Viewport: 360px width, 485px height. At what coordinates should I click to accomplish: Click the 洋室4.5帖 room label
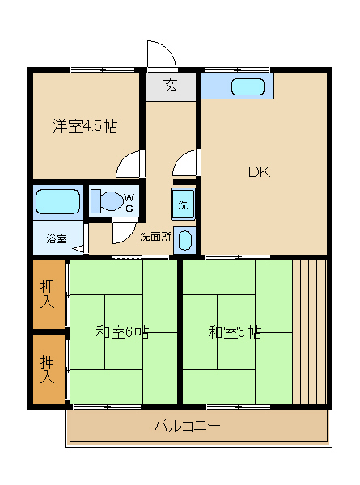click(x=85, y=125)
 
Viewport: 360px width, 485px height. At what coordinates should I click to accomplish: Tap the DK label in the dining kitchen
click(x=260, y=172)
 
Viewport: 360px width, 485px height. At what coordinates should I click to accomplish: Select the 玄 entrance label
click(x=170, y=86)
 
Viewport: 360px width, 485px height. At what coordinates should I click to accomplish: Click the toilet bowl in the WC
click(x=107, y=201)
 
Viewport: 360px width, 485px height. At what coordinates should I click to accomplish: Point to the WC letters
click(x=129, y=203)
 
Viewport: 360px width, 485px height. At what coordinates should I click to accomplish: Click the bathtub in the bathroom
click(x=58, y=201)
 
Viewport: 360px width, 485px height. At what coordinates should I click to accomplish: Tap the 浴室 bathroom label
click(x=57, y=239)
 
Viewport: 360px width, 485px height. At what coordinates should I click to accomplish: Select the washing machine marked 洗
click(x=183, y=204)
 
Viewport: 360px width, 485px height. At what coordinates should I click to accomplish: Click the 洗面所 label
click(x=155, y=237)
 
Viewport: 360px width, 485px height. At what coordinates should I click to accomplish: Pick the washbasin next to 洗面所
click(x=185, y=240)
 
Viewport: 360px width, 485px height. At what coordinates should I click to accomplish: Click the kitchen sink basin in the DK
click(x=248, y=86)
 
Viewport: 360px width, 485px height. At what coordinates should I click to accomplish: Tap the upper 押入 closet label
click(x=48, y=293)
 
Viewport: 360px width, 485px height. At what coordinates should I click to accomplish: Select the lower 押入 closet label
click(x=48, y=369)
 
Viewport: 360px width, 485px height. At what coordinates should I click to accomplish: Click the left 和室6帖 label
click(x=122, y=332)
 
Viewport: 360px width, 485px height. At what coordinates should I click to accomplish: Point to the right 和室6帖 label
click(x=235, y=332)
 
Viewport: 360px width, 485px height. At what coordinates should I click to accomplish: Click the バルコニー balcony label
click(x=187, y=426)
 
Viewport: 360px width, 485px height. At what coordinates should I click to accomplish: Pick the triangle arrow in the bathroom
click(x=78, y=248)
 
